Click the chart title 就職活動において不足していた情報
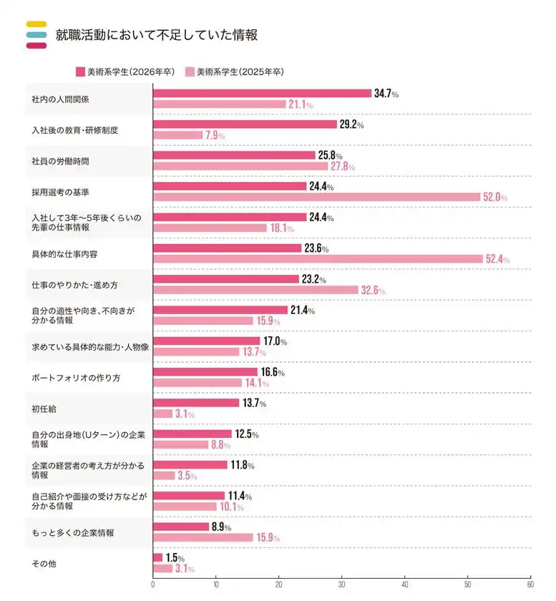pyautogui.click(x=156, y=34)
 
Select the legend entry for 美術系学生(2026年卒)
pyautogui.click(x=125, y=72)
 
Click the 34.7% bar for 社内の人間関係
pyautogui.click(x=262, y=94)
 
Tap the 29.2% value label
pyautogui.click(x=351, y=124)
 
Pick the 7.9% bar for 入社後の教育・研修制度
pyautogui.click(x=177, y=135)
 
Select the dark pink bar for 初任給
pyautogui.click(x=196, y=403)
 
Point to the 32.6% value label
pyautogui.click(x=374, y=290)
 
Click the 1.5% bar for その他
pyautogui.click(x=157, y=557)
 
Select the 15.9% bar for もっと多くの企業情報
pyautogui.click(x=203, y=537)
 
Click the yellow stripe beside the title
pyautogui.click(x=36, y=24)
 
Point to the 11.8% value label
pyautogui.click(x=242, y=465)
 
